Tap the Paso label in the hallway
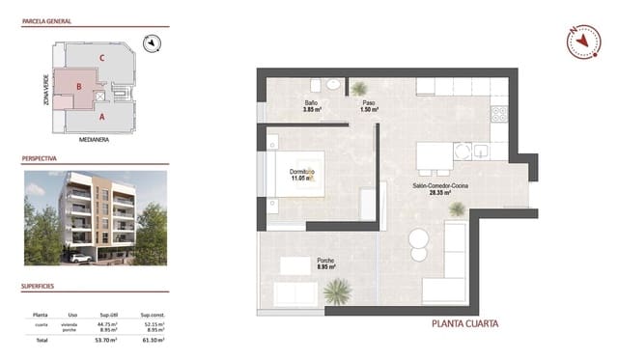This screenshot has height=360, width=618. pyautogui.click(x=369, y=102)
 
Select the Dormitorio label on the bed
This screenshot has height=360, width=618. pyautogui.click(x=302, y=171)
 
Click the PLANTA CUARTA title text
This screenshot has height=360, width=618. pyautogui.click(x=464, y=323)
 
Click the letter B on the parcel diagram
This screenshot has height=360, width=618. pyautogui.click(x=76, y=85)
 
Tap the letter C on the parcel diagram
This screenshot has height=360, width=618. pyautogui.click(x=100, y=57)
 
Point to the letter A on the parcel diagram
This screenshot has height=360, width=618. pyautogui.click(x=100, y=116)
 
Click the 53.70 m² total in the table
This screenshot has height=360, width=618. pyautogui.click(x=106, y=341)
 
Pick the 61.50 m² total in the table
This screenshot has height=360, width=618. pyautogui.click(x=153, y=341)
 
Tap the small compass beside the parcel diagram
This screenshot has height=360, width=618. pyautogui.click(x=151, y=42)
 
